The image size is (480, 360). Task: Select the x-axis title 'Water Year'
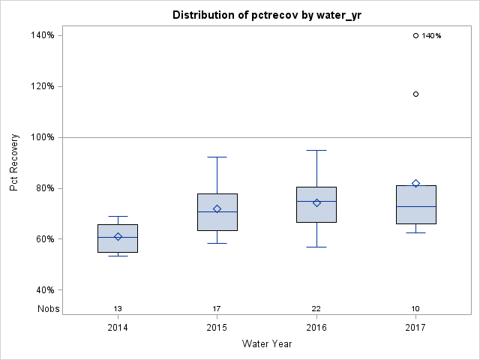267,344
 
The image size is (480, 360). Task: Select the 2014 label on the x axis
118,328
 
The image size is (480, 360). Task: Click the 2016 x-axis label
316,328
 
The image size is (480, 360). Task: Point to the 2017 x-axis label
415,328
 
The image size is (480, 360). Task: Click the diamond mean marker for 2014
118,237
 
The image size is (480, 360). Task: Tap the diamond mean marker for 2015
217,208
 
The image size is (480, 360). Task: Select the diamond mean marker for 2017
415,184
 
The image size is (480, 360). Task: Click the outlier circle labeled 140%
415,35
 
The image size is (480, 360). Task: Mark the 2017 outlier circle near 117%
415,94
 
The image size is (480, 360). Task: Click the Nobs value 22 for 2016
316,309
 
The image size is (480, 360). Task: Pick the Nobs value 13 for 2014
118,309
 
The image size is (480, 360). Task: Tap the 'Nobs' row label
48,309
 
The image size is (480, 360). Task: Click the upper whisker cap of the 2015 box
217,157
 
